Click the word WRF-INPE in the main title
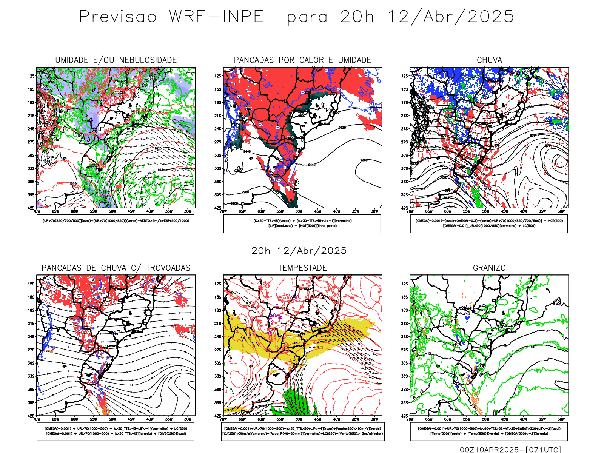tap(216, 17)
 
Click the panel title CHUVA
tap(489, 60)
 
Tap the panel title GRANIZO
tap(489, 268)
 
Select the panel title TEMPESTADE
tap(302, 268)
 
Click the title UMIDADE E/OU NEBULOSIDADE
tap(116, 60)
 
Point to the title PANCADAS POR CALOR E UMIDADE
tap(302, 60)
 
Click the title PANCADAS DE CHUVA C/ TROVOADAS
tap(116, 268)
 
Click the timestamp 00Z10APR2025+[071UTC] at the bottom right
tap(510, 450)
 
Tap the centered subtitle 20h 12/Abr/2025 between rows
tap(299, 251)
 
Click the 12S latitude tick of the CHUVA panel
tap(405, 76)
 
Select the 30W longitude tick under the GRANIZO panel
tap(561, 419)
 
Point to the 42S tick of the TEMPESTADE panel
tap(219, 416)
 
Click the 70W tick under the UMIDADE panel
tap(37, 211)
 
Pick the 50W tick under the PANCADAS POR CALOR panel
tap(299, 211)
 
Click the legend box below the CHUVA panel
tap(489, 223)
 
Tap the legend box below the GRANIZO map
tap(489, 431)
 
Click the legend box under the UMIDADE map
tap(116, 223)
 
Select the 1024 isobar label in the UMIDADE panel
tap(160, 170)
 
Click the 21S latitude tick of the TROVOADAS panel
tap(31, 324)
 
